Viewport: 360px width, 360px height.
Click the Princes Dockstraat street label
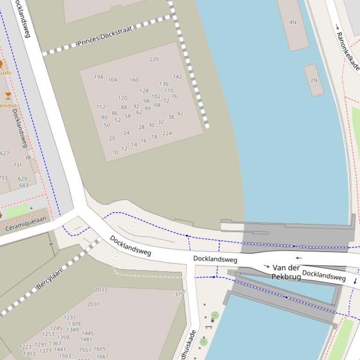(105, 36)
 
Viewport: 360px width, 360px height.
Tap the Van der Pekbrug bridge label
(286, 272)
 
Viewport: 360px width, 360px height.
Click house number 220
(154, 59)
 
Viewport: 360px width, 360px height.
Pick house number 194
(98, 77)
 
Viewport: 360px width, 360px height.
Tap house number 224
(167, 133)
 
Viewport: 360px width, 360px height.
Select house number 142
(177, 77)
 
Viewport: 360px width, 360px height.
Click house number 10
(115, 152)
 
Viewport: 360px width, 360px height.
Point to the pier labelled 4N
(293, 22)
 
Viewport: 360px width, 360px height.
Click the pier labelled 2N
(314, 80)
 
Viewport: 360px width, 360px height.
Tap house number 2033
(101, 289)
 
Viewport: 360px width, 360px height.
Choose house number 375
(179, 295)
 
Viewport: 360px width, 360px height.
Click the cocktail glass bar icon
(8, 96)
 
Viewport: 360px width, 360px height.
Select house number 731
(17, 165)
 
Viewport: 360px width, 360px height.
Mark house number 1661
(102, 357)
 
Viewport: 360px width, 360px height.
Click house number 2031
(93, 304)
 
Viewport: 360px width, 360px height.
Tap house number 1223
(25, 347)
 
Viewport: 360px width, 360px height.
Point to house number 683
(23, 186)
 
